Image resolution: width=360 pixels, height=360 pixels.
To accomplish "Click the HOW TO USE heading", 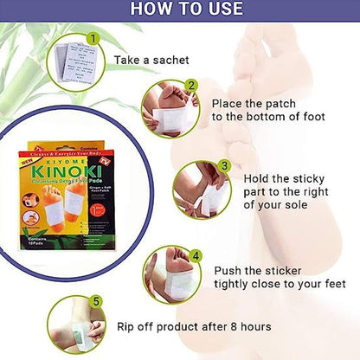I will tap(180, 10).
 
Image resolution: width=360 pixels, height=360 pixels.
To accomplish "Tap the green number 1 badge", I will tap(92, 39).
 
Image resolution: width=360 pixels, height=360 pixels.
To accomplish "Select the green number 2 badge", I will tap(192, 86).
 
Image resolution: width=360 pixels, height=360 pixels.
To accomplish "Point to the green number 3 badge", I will tap(224, 165).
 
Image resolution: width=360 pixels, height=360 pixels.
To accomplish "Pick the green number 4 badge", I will tap(196, 256).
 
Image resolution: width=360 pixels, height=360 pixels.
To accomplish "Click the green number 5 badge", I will tap(97, 302).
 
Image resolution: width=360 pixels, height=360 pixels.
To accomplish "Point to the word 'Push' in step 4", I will tap(230, 270).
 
